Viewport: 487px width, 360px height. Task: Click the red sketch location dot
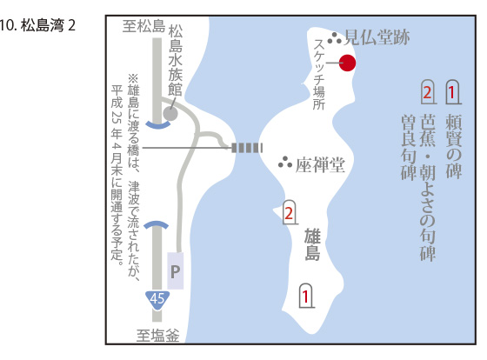pos(347,63)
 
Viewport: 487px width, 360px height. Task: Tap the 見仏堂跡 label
pos(377,38)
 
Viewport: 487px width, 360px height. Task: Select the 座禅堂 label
pos(320,164)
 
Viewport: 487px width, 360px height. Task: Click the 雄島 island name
pos(312,244)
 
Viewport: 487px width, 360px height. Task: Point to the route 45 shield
pos(157,300)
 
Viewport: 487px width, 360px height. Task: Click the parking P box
pos(176,270)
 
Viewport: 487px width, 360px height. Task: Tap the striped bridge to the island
pos(247,148)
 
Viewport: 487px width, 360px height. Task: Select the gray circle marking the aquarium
pos(170,114)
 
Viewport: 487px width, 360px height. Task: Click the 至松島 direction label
pos(143,26)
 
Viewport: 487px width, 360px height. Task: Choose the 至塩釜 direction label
pos(158,336)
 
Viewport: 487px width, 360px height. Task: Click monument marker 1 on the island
pos(305,296)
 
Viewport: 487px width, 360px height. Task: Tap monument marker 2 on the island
pos(289,212)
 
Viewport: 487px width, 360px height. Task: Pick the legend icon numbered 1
pos(452,92)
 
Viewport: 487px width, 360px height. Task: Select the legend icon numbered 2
pos(428,92)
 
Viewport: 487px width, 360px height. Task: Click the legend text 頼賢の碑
pos(453,146)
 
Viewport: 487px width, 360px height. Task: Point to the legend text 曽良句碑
pos(409,147)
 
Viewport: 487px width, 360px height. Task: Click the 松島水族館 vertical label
pos(176,61)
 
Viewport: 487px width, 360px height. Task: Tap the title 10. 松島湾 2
pos(37,25)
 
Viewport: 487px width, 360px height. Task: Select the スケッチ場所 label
pos(319,75)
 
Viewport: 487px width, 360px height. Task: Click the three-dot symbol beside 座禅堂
pos(285,162)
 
